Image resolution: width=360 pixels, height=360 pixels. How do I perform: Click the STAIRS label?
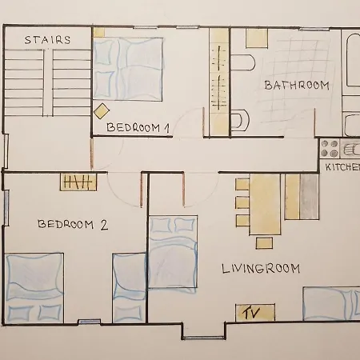click(47, 40)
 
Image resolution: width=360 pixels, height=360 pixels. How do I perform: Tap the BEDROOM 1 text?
click(138, 128)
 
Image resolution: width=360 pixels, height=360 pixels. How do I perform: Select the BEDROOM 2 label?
click(73, 225)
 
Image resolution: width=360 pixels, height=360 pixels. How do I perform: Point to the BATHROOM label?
click(297, 86)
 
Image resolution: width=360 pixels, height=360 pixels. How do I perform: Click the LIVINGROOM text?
click(261, 268)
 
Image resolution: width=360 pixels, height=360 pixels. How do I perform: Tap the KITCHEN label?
click(342, 167)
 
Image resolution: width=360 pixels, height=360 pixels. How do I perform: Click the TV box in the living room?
click(255, 313)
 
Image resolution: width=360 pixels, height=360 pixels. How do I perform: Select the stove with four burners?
click(330, 149)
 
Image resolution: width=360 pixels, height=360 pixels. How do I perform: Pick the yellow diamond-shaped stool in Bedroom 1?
click(102, 111)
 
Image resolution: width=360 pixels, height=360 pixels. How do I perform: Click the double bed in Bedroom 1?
click(128, 70)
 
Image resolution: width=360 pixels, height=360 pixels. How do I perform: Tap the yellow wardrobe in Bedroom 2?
click(78, 182)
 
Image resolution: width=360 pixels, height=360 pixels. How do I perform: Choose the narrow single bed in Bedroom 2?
click(129, 288)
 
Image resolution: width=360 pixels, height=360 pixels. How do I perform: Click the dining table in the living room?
click(265, 204)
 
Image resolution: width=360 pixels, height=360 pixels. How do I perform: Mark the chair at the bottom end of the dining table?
click(264, 243)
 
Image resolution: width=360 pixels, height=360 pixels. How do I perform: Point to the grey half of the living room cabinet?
click(310, 197)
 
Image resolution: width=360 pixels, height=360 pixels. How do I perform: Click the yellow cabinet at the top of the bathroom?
click(257, 38)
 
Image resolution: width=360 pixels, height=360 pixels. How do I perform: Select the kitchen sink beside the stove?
click(350, 149)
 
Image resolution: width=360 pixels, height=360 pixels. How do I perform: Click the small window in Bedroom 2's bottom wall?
click(90, 322)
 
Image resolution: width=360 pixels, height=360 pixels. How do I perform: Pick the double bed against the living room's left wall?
click(173, 252)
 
